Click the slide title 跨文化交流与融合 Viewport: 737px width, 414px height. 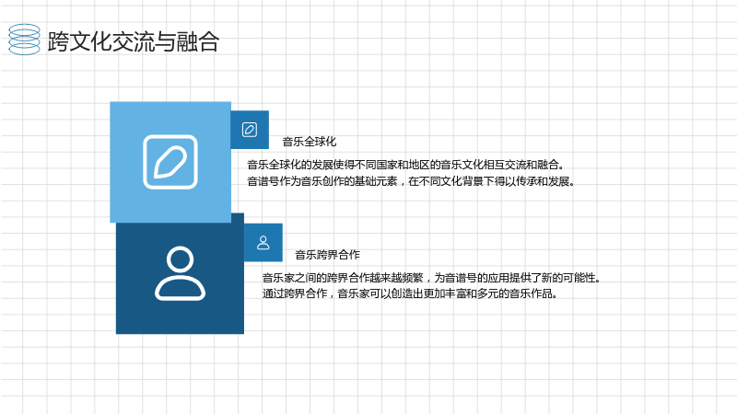pyautogui.click(x=134, y=41)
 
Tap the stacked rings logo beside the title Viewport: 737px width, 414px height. pyautogui.click(x=25, y=40)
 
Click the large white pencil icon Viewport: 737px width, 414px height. pyautogui.click(x=170, y=162)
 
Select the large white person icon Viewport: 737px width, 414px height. pyautogui.click(x=180, y=272)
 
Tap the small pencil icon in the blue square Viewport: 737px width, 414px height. pyautogui.click(x=250, y=130)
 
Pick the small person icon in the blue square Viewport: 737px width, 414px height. pyautogui.click(x=263, y=243)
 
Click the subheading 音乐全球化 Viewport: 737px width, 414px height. pyautogui.click(x=310, y=142)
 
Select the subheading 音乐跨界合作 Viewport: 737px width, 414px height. pyautogui.click(x=327, y=255)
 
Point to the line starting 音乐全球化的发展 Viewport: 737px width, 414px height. pyautogui.click(x=405, y=165)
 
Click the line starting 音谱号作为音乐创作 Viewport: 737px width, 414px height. pyautogui.click(x=411, y=181)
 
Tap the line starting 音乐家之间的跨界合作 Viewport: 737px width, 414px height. pyautogui.click(x=431, y=278)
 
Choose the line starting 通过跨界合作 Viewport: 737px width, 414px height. pyautogui.click(x=410, y=293)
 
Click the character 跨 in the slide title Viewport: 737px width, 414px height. pyautogui.click(x=58, y=41)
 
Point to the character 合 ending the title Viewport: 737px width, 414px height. pyautogui.click(x=208, y=41)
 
